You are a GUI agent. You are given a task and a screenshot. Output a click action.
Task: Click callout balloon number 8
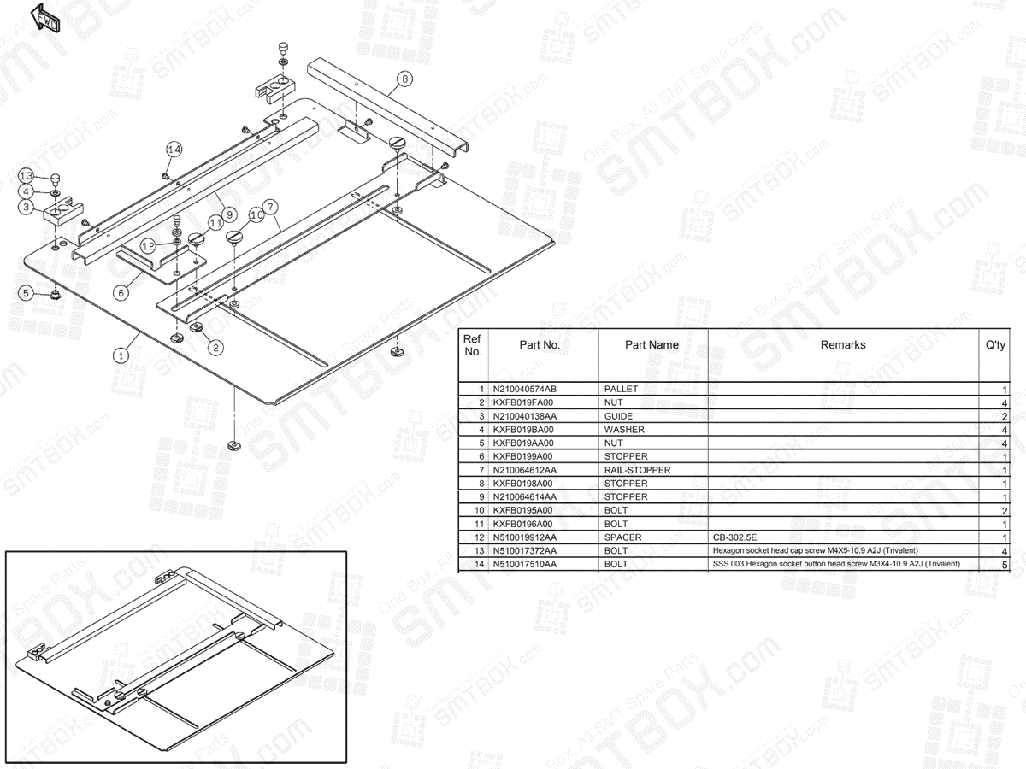(x=404, y=79)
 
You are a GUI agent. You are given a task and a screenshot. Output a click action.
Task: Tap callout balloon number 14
(x=174, y=150)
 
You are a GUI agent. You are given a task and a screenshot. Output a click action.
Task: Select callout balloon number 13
(x=27, y=176)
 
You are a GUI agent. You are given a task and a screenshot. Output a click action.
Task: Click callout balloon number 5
(x=27, y=293)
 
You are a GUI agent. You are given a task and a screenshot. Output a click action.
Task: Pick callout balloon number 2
(x=216, y=347)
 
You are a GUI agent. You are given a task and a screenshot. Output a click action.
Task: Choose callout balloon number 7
(x=269, y=207)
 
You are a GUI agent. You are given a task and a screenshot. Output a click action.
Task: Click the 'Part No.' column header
(x=540, y=345)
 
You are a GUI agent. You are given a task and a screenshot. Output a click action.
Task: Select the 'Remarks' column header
(x=843, y=345)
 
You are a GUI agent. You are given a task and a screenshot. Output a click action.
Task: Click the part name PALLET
(x=621, y=389)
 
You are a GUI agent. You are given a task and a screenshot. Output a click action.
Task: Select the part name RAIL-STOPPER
(x=637, y=470)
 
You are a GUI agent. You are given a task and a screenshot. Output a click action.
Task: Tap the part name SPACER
(x=622, y=537)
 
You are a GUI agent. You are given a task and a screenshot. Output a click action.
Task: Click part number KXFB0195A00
(x=523, y=510)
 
